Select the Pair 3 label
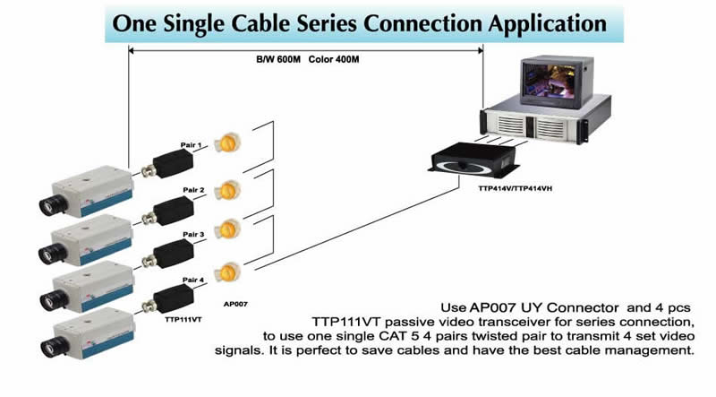[x=194, y=235]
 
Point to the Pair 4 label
[x=194, y=280]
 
